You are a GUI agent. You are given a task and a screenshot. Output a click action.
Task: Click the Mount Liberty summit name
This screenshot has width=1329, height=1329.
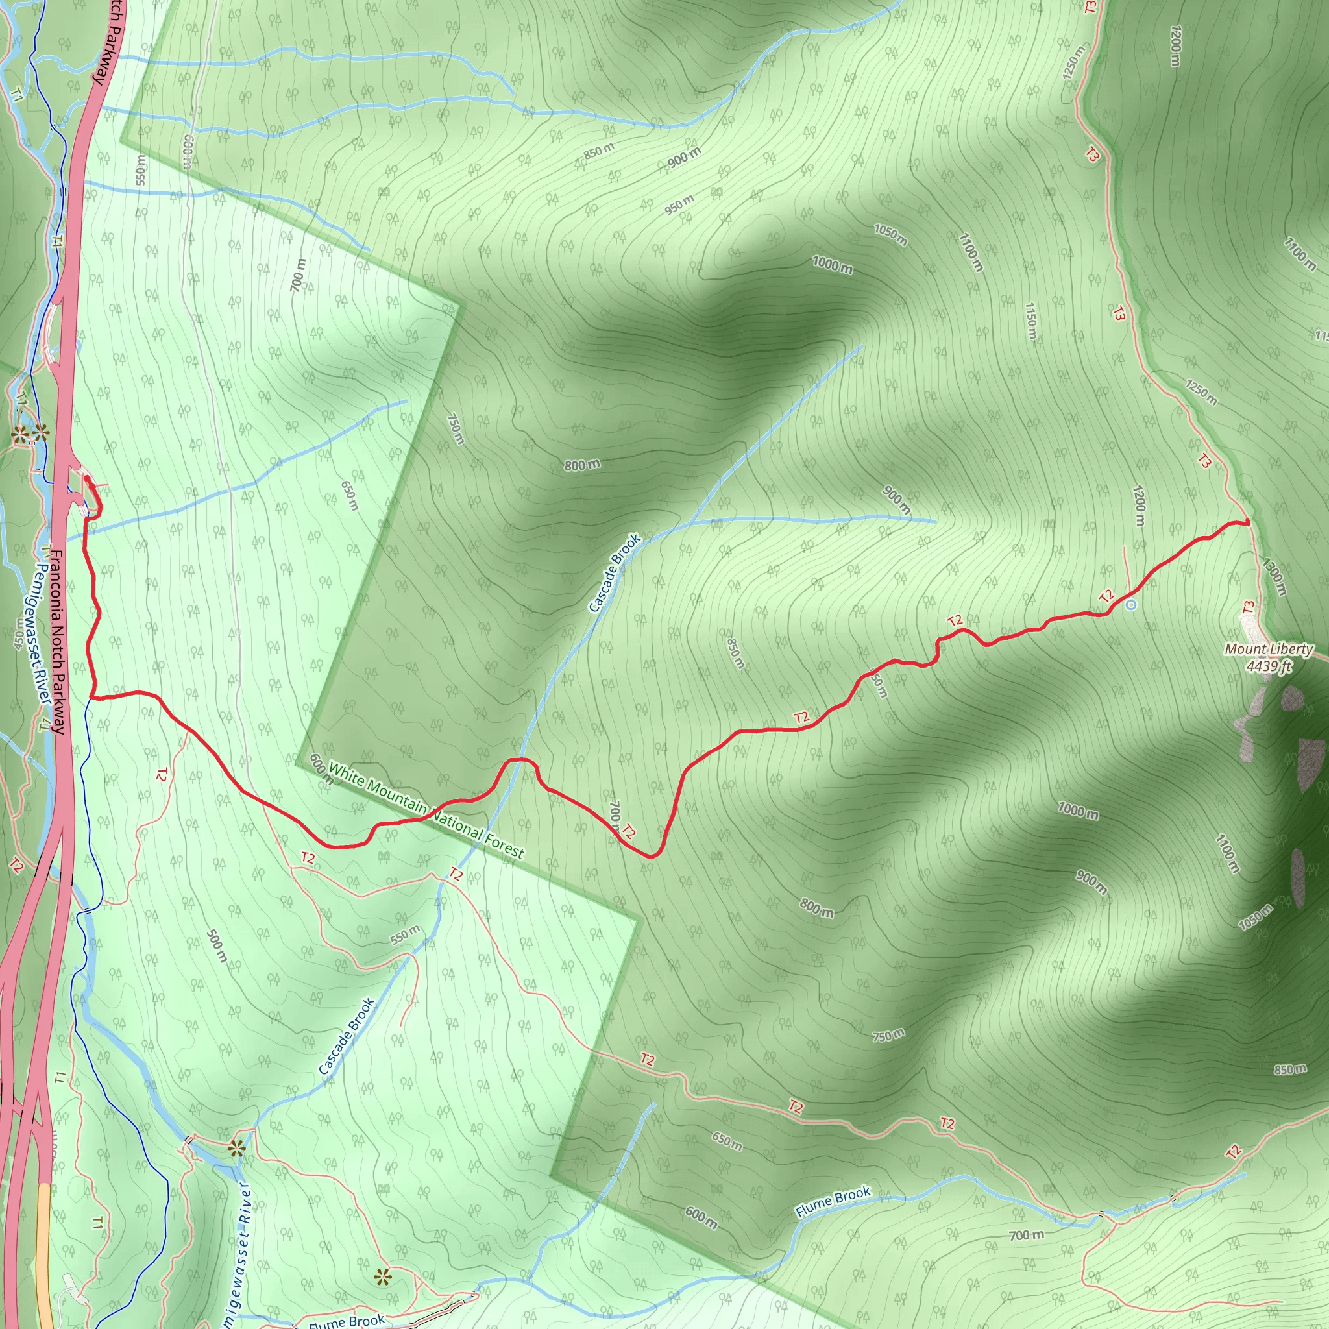coord(1269,650)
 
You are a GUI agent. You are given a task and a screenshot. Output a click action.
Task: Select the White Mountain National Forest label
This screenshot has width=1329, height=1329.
coord(426,811)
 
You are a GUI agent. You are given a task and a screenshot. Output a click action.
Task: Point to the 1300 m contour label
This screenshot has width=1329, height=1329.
coord(1273,576)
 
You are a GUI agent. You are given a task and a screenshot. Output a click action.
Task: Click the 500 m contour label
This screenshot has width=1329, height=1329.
coord(216,947)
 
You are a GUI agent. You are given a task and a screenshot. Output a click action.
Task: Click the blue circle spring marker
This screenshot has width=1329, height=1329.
coord(1131,605)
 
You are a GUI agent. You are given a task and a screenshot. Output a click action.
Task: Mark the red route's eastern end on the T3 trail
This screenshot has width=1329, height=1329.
coord(1247,524)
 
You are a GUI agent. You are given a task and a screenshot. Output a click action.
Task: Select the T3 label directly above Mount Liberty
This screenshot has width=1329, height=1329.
coord(1249,608)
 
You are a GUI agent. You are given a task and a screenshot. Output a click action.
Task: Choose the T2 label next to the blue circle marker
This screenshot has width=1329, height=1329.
coord(1107,596)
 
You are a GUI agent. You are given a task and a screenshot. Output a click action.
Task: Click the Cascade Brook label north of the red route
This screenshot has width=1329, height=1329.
coord(615,572)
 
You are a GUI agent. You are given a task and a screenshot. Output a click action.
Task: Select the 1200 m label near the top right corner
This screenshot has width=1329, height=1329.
coord(1176,46)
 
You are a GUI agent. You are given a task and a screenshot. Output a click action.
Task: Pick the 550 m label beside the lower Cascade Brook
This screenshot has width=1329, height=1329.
coord(404,934)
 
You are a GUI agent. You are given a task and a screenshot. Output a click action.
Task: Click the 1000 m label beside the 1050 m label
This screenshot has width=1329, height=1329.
coord(832,264)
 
